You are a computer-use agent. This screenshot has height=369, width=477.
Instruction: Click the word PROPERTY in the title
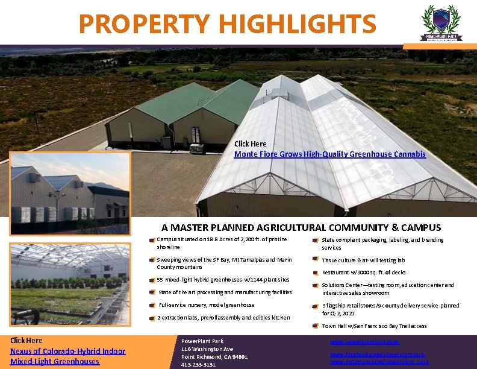(x=144, y=24)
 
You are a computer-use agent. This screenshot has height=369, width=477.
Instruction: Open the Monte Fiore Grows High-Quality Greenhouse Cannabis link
(x=329, y=154)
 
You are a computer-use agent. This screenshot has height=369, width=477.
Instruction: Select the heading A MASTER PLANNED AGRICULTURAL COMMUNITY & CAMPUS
(x=301, y=228)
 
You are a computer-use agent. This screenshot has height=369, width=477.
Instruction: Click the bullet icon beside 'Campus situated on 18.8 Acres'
(x=152, y=241)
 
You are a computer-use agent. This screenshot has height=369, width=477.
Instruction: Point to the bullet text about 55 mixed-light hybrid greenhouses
(x=223, y=280)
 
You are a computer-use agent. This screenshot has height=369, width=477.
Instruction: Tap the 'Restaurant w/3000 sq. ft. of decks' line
(x=364, y=273)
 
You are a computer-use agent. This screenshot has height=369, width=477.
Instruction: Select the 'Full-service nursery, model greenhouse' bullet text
(x=206, y=305)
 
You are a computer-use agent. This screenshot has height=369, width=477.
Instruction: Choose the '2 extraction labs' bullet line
(x=223, y=317)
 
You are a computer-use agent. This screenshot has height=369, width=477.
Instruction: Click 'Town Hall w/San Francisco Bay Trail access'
(x=374, y=326)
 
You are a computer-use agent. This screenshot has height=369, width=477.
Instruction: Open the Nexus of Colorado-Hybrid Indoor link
(x=67, y=351)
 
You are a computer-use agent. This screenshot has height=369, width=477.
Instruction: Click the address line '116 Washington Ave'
(x=207, y=349)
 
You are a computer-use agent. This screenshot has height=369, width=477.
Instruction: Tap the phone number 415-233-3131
(x=198, y=365)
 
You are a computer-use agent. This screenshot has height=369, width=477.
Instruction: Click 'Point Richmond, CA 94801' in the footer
(x=214, y=357)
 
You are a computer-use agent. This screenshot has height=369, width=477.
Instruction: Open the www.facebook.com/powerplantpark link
(x=377, y=355)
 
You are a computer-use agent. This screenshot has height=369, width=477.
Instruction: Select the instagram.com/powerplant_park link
(x=379, y=362)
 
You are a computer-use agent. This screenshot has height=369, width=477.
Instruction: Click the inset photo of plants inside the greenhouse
(x=69, y=284)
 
